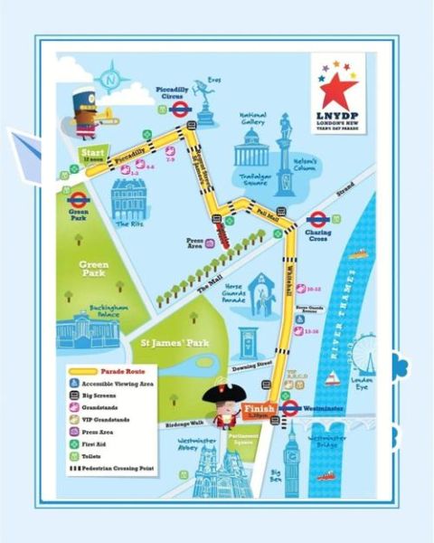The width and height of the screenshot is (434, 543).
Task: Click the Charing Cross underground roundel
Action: point(316,219)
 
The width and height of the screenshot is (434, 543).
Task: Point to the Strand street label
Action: point(346,192)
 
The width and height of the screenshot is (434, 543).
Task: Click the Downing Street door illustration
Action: point(246,341)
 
